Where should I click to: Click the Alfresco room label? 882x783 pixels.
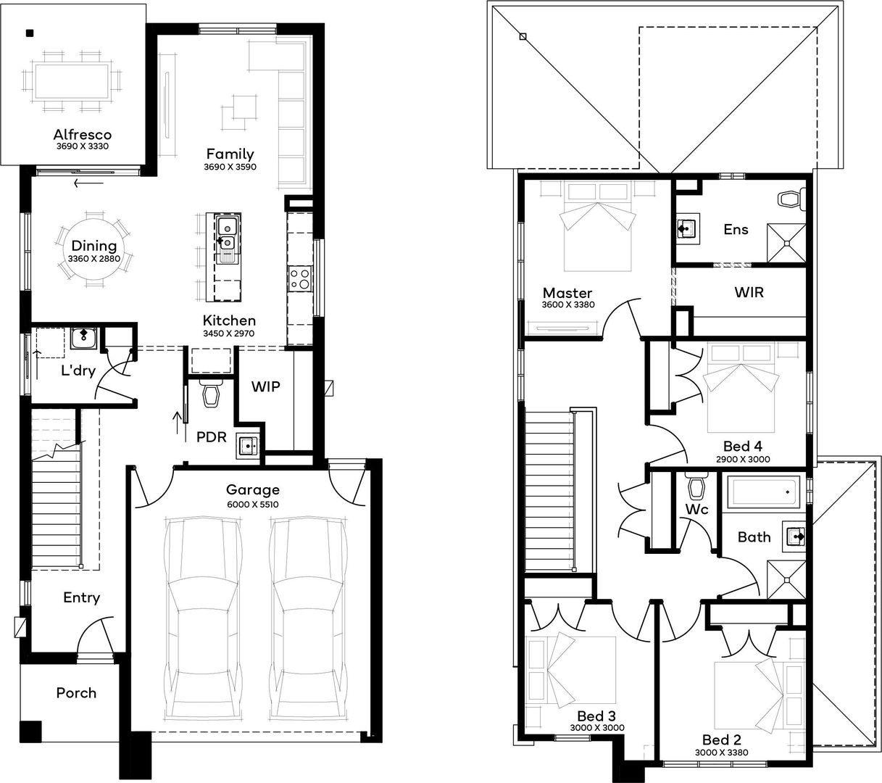[83, 135]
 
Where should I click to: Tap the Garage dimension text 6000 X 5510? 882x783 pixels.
[252, 505]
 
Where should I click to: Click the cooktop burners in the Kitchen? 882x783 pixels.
[299, 279]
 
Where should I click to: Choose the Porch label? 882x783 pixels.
[76, 693]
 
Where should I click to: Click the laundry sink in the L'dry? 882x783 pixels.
[84, 338]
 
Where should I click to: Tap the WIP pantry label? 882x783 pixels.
[265, 386]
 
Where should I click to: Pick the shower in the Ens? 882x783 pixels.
[786, 243]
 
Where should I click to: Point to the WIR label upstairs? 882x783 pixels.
[749, 292]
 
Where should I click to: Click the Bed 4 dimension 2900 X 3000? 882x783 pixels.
[743, 459]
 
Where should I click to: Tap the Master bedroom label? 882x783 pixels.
[567, 293]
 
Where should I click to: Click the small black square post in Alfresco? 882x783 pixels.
[30, 33]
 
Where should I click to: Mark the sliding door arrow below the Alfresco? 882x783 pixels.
[89, 183]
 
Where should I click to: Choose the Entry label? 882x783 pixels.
[81, 597]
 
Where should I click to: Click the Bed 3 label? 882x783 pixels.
[596, 716]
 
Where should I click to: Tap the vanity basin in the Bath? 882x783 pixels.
[794, 536]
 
